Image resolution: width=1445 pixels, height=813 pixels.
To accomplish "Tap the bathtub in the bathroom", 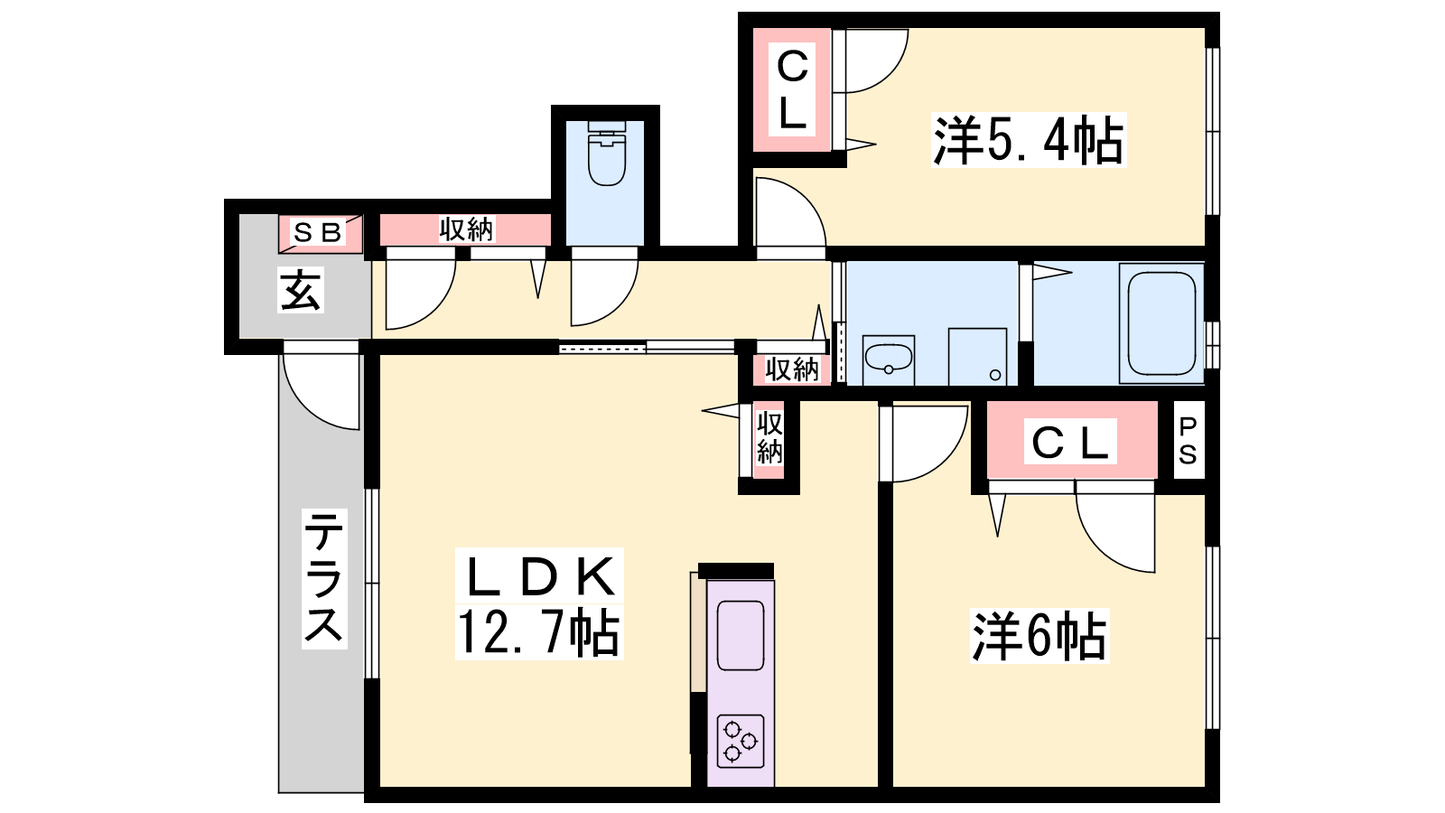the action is click(x=1161, y=323).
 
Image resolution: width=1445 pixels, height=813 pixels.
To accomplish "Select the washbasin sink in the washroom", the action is click(x=889, y=359).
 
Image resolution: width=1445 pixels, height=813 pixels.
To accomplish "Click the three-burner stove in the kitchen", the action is click(x=740, y=742).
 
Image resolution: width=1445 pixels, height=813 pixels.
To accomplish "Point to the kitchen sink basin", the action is click(x=741, y=636).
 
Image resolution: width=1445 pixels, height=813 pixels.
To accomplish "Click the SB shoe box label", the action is click(x=317, y=232).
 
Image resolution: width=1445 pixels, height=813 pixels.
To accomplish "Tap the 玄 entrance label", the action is click(x=301, y=290).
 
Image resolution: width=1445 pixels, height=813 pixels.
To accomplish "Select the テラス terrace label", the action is click(x=324, y=578).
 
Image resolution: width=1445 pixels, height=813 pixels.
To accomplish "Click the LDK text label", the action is click(x=539, y=576).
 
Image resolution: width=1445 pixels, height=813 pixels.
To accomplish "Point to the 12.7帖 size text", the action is click(x=538, y=632).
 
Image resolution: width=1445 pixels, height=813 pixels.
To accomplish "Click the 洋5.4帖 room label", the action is click(x=1029, y=140).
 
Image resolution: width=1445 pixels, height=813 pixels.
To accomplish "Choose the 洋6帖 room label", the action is click(x=1039, y=636).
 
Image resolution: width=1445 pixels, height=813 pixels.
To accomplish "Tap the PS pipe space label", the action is click(x=1188, y=441).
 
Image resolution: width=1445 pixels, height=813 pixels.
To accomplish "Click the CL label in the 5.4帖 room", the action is click(x=792, y=89).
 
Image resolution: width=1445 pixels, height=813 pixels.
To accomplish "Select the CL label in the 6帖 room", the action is click(x=1070, y=443).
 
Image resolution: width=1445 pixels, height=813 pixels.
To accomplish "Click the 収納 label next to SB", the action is click(x=466, y=229).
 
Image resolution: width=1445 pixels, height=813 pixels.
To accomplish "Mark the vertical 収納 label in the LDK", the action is click(x=769, y=438).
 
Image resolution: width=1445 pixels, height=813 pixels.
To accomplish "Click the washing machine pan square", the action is click(x=977, y=357).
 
